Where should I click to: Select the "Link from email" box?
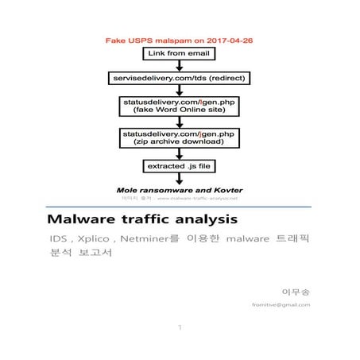[180, 53]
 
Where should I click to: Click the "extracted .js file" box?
[180, 167]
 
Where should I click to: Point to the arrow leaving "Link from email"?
[180, 66]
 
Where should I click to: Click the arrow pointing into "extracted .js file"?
[180, 155]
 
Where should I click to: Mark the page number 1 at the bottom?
[180, 327]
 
